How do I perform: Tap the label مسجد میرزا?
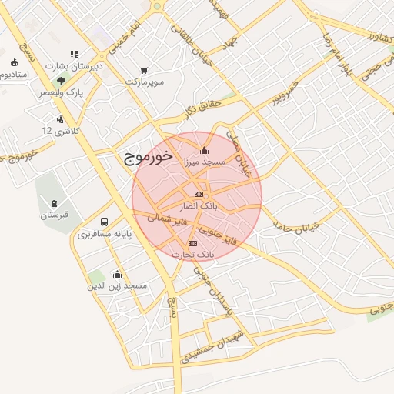[x=203, y=162]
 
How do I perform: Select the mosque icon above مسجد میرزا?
[x=203, y=150]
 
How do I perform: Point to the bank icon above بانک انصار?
[x=199, y=194]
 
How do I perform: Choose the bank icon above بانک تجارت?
[x=192, y=243]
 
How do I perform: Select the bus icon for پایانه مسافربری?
[x=103, y=220]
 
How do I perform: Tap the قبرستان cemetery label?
[x=55, y=215]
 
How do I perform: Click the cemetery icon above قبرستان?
[x=54, y=203]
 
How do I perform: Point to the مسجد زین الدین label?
[x=118, y=285]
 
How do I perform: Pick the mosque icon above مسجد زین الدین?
[x=117, y=273]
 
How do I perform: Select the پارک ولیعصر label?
[x=61, y=92]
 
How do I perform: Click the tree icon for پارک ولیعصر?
[x=60, y=80]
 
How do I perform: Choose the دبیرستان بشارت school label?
[x=75, y=66]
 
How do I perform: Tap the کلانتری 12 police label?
[x=60, y=131]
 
